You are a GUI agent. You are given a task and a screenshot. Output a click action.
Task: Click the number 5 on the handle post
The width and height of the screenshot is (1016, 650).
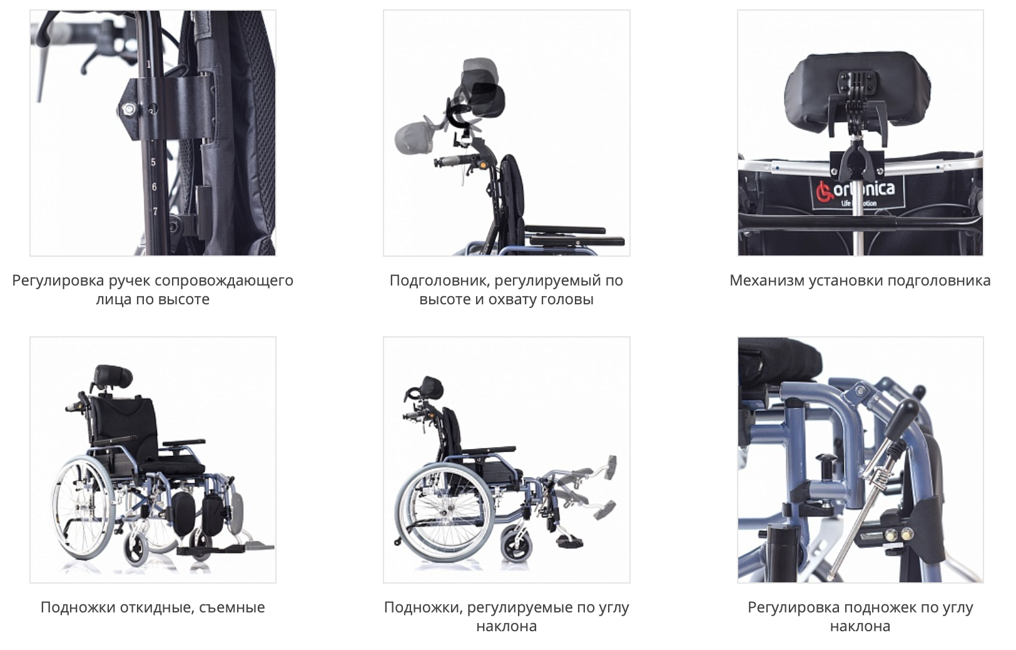[153, 163]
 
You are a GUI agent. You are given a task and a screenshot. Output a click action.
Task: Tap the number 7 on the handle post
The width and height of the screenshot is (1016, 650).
[155, 212]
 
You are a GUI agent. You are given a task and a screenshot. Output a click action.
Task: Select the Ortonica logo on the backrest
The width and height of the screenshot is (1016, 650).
[857, 192]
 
